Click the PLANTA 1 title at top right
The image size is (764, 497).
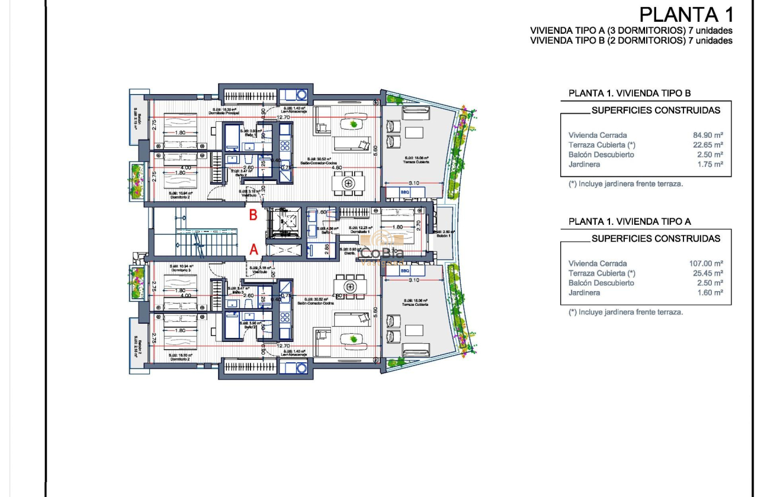coord(686,14)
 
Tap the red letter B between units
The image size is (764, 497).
coord(253,215)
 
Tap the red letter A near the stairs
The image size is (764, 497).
coord(253,250)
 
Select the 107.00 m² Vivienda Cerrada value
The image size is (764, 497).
coord(706,263)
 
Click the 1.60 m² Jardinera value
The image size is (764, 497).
coord(710,293)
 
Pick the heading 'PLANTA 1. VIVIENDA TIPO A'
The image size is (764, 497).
coord(630,221)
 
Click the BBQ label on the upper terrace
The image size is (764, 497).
coord(405,192)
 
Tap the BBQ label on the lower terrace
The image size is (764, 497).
coord(405,270)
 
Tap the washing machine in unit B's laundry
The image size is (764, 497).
coord(301,95)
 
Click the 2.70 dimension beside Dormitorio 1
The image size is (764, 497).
coord(418,225)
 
